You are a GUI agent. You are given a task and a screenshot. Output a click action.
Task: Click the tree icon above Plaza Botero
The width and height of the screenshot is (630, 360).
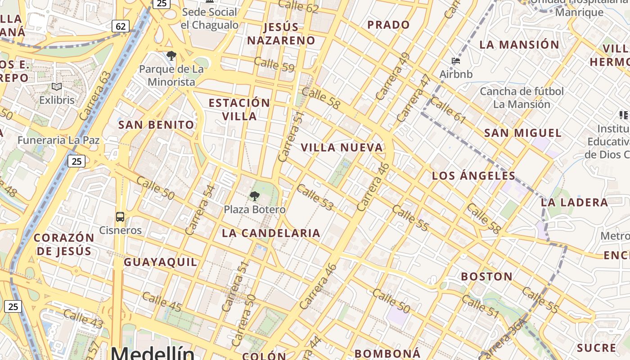254,196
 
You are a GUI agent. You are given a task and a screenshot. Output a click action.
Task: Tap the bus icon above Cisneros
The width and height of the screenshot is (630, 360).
120,217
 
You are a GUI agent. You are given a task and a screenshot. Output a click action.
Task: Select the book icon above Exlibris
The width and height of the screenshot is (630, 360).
57,87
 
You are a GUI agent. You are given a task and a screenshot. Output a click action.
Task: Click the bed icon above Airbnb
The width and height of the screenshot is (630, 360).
456,61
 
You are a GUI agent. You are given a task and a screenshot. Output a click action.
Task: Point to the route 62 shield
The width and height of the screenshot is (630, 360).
121,26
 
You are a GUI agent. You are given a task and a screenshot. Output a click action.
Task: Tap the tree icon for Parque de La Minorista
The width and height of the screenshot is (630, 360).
171,56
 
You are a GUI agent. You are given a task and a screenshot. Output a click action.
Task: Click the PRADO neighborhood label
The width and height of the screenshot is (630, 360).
388,25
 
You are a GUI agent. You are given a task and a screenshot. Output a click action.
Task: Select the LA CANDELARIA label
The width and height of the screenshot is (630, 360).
271,233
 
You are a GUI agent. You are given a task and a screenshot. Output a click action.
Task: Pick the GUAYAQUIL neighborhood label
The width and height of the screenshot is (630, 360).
160,262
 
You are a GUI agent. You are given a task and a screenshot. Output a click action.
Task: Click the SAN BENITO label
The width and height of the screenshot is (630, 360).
156,125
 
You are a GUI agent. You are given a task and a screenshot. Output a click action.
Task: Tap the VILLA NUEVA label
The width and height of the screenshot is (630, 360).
342,147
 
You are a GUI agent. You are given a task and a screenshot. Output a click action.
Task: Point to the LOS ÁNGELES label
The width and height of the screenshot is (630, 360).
473,175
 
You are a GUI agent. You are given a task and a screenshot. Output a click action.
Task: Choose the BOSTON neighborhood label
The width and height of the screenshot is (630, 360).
486,276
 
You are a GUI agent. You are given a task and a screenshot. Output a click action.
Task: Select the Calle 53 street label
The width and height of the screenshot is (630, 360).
315,197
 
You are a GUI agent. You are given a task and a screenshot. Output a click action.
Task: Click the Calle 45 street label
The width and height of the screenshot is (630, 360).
162,301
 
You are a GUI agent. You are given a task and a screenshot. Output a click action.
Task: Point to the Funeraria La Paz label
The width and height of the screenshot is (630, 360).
58,140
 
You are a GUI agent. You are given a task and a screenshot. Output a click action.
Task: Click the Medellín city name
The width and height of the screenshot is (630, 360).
153,353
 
